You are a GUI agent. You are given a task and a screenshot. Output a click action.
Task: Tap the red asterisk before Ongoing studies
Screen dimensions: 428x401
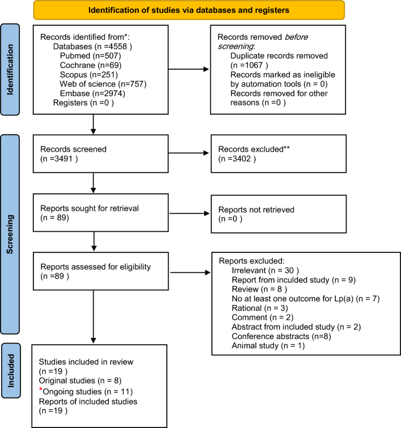click(x=40, y=390)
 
